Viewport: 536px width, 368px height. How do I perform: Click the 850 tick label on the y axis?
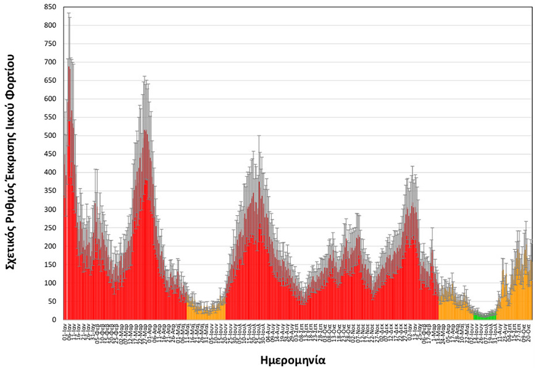point(51,7)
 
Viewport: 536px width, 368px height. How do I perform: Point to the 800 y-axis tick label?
point(51,25)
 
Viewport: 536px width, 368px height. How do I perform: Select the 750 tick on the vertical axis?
point(51,44)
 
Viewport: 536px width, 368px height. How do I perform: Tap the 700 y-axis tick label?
point(51,62)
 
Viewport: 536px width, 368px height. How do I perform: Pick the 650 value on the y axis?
point(51,80)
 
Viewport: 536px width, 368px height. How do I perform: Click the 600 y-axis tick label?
point(51,99)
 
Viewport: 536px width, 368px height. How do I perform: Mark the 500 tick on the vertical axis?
point(51,135)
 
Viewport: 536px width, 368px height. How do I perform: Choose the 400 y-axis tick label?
point(51,173)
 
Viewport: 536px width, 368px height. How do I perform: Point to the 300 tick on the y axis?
point(51,210)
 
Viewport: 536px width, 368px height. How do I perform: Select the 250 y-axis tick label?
point(51,228)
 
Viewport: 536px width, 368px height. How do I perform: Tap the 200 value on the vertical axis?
point(51,246)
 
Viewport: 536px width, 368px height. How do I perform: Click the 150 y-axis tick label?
point(51,265)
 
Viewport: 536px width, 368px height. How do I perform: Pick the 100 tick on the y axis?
point(51,283)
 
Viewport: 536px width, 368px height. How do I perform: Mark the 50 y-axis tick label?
point(52,301)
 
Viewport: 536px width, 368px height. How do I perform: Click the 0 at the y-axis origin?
point(55,320)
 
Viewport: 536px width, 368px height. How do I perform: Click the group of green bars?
point(485,317)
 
